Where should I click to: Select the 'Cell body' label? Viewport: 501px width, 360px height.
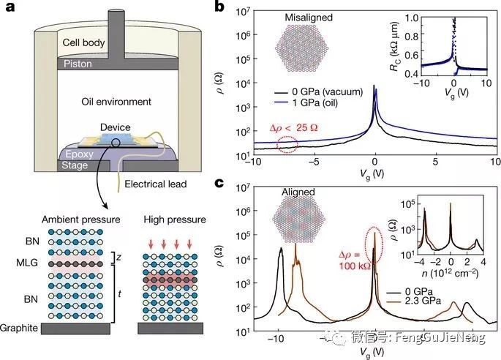pyautogui.click(x=86, y=42)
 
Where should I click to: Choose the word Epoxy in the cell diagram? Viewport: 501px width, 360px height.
pyautogui.click(x=75, y=155)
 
